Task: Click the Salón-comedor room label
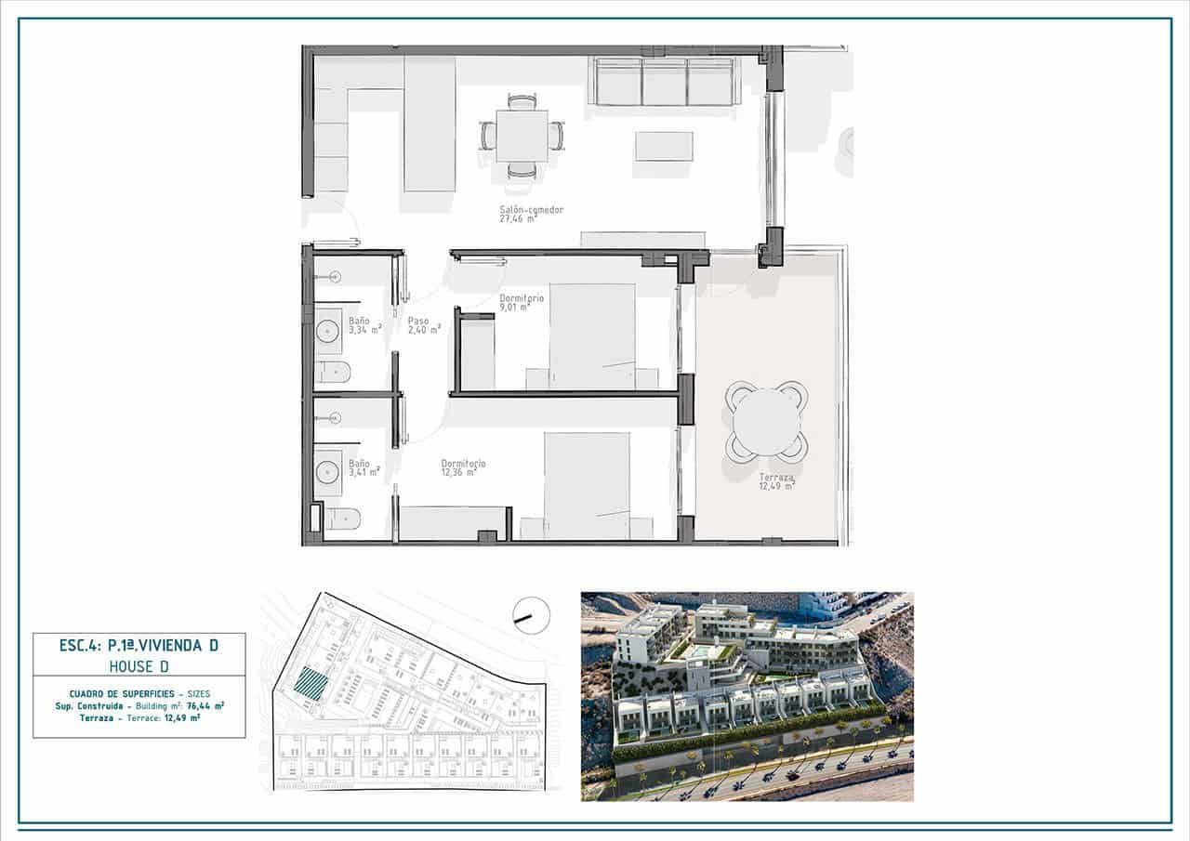point(518,215)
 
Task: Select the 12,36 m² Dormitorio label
point(463,468)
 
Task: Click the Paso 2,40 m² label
point(423,325)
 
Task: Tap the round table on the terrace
point(766,421)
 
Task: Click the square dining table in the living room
point(522,136)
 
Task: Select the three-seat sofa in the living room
point(665,82)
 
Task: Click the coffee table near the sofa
point(664,146)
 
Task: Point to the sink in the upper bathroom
point(328,330)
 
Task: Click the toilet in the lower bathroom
point(342,518)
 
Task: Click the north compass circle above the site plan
point(532,615)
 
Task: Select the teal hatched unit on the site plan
point(311,686)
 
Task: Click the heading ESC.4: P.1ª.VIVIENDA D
point(139,644)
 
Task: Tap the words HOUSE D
point(139,665)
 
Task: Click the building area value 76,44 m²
point(205,705)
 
